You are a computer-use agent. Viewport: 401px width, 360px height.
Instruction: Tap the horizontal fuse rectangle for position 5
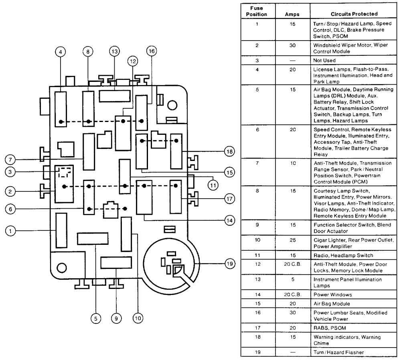click(x=93, y=238)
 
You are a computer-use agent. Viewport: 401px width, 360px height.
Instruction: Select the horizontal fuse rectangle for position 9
click(x=116, y=263)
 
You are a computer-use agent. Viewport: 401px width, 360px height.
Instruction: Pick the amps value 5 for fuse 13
click(x=292, y=279)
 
